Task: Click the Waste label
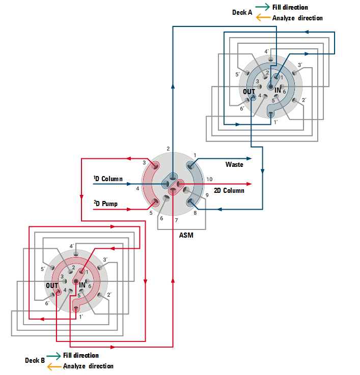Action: tap(234, 164)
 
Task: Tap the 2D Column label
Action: tap(229, 190)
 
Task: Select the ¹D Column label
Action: tap(107, 179)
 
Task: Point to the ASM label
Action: tap(186, 235)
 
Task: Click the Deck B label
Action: tap(35, 360)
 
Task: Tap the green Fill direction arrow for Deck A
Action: tap(263, 7)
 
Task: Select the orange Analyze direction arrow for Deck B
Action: tap(54, 366)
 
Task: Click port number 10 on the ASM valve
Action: tap(209, 179)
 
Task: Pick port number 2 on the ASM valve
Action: tap(168, 149)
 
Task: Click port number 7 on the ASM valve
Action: tap(176, 220)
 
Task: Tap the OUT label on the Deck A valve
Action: tap(249, 92)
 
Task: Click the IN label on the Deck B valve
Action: tap(82, 285)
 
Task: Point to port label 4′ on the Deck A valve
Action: tap(266, 51)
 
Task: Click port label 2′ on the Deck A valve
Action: tap(303, 100)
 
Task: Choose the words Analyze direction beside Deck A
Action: tap(297, 18)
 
